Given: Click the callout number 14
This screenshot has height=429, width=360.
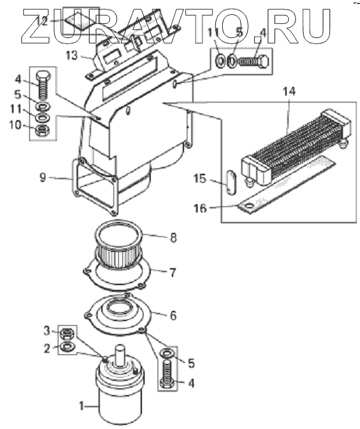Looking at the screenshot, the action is point(289,91).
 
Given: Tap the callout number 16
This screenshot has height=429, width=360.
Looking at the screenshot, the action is point(200,208).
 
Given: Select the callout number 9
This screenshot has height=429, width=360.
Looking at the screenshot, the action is point(43,178).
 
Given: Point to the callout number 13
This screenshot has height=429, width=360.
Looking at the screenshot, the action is point(72,56).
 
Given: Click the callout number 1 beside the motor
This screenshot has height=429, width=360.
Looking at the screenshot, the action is point(81,406).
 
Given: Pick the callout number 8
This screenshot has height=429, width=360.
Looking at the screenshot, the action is point(173,238).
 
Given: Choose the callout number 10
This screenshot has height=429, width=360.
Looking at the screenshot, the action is point(16,126).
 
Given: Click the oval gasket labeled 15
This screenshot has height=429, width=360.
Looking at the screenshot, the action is point(232,183).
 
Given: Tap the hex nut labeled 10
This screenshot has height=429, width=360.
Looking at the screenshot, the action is point(42,130).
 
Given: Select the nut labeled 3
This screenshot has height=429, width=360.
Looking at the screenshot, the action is point(66,333).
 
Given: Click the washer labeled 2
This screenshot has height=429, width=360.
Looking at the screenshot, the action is point(66,347).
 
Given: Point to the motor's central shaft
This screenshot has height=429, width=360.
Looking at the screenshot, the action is point(120,355).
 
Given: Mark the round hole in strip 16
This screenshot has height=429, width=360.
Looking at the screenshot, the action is point(249,205).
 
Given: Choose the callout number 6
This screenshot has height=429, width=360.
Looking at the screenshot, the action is point(173,315).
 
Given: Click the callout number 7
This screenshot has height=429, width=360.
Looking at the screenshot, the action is point(173,273).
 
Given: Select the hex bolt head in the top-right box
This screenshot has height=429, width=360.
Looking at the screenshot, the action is point(264,61).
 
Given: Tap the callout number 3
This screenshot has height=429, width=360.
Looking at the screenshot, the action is point(47,331).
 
